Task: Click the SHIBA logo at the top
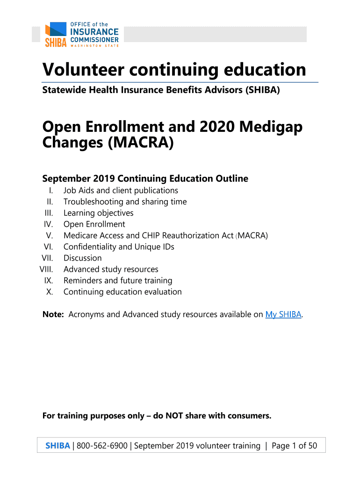click(x=82, y=34)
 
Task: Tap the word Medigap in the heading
click(x=268, y=126)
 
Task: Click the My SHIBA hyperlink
click(x=283, y=314)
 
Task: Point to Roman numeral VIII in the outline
click(x=46, y=269)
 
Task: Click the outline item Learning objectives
click(x=98, y=213)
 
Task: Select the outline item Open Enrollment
click(x=94, y=225)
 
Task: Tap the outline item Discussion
click(x=82, y=258)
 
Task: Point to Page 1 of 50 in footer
click(x=294, y=446)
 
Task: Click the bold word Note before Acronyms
click(x=53, y=314)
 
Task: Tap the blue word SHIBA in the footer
click(x=57, y=446)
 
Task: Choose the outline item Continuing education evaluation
click(x=122, y=292)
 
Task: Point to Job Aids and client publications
click(x=121, y=191)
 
